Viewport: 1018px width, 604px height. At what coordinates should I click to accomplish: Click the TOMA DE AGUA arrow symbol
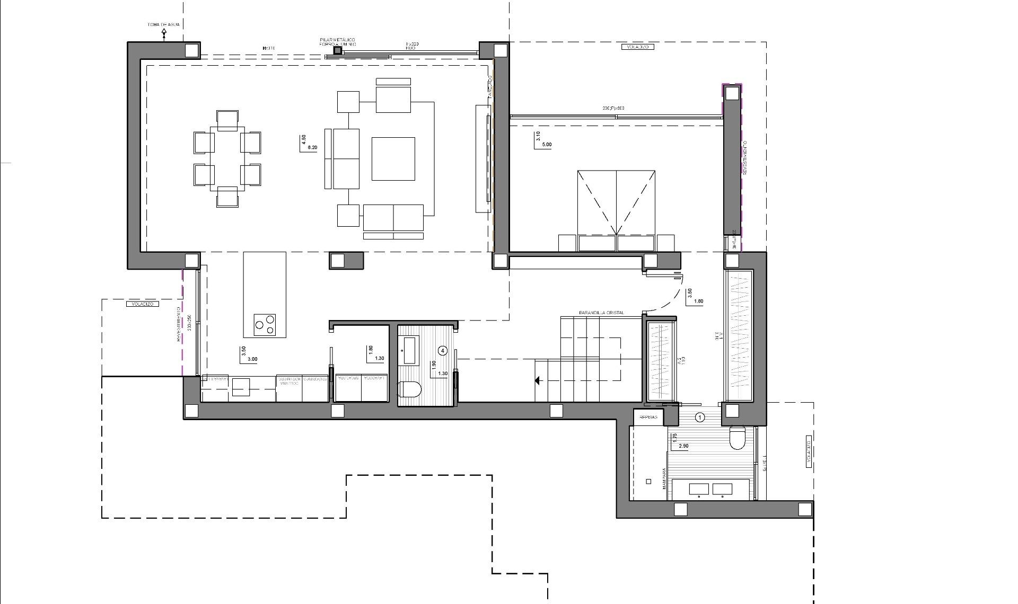[164, 33]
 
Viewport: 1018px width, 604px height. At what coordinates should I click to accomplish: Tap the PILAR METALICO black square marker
[337, 50]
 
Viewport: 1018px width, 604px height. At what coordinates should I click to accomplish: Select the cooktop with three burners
[265, 324]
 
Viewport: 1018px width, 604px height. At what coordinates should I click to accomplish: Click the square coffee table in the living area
[393, 158]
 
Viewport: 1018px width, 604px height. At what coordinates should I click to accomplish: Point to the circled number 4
[443, 350]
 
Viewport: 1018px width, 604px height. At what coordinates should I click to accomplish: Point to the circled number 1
[700, 418]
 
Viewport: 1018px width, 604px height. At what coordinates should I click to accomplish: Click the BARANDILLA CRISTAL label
[601, 313]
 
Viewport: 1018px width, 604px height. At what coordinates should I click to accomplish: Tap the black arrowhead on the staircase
[538, 380]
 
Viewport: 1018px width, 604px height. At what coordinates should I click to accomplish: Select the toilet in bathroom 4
[410, 390]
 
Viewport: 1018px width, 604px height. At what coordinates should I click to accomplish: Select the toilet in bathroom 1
[738, 438]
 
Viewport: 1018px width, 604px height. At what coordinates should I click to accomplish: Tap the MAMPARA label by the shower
[664, 483]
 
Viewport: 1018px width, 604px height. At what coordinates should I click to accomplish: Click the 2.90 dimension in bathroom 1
[683, 446]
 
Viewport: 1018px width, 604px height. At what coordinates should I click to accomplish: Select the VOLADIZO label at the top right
[636, 47]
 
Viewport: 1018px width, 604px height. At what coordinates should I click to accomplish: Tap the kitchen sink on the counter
[241, 387]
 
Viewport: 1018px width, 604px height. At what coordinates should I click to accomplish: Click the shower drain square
[649, 482]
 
